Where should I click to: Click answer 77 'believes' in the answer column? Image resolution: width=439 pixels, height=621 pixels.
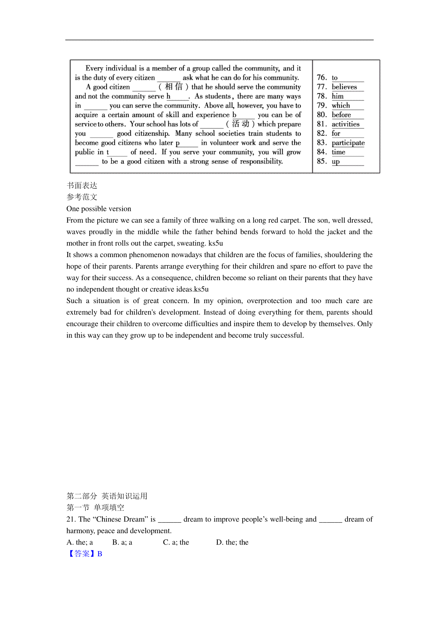click(344, 87)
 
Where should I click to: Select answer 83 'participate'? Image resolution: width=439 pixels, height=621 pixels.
click(348, 143)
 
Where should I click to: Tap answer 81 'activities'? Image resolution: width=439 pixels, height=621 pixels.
click(345, 124)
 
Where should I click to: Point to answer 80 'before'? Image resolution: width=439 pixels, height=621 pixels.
click(341, 115)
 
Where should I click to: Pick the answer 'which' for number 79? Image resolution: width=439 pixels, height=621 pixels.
click(341, 106)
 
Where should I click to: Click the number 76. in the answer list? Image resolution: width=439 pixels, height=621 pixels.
click(322, 78)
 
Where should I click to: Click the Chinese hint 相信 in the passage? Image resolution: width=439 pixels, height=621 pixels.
click(173, 87)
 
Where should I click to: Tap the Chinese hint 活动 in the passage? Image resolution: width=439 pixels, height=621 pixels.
click(240, 124)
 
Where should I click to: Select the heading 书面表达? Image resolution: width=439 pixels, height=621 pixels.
click(82, 185)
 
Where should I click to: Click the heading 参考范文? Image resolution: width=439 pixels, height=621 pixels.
click(82, 197)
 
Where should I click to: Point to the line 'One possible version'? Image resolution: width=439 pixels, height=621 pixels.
click(99, 209)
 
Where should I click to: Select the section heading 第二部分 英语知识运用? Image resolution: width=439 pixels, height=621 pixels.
click(107, 496)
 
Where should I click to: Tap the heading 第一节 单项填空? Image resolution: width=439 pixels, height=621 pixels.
click(95, 508)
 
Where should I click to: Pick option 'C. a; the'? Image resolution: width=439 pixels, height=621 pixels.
click(176, 542)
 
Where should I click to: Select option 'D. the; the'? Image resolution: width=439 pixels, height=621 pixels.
click(232, 542)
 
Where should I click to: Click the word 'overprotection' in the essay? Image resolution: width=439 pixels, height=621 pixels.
click(269, 301)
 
